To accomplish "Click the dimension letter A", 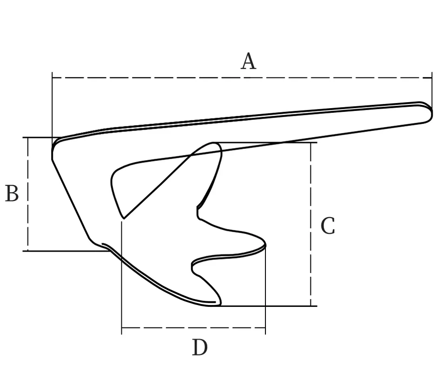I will [248, 61].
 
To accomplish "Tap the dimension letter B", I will [12, 194].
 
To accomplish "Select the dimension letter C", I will [328, 227].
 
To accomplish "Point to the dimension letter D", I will [200, 347].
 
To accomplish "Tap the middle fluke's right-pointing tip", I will [264, 242].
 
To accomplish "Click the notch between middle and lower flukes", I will [193, 266].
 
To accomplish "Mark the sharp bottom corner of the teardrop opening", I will [123, 217].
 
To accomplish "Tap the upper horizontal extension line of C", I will [279, 143].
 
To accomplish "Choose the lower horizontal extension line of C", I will [279, 306].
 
